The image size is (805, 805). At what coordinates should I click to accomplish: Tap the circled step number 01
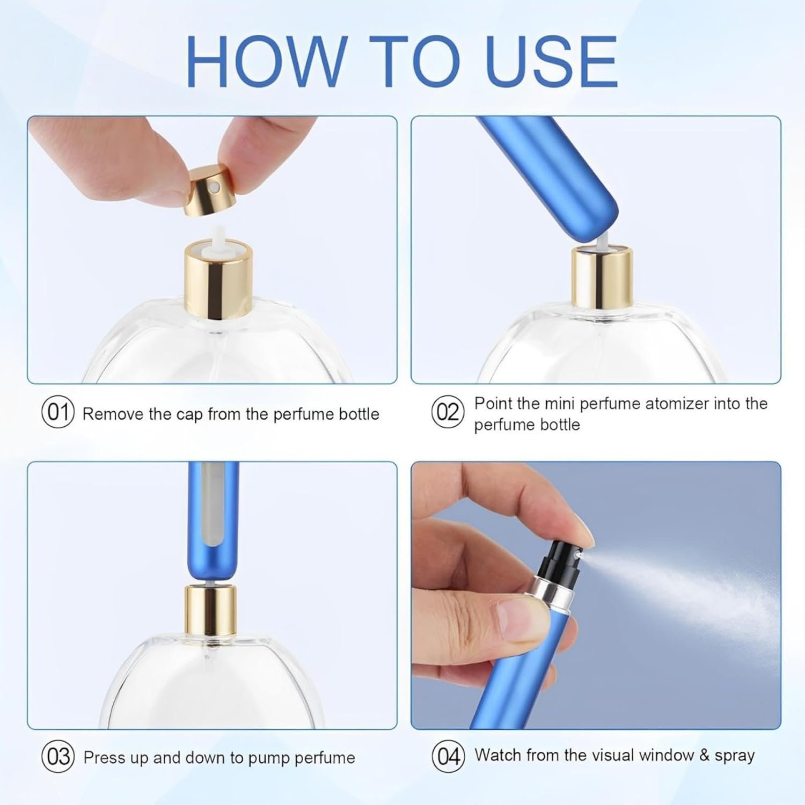[57, 413]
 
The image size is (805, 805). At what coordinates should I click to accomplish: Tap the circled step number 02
[448, 412]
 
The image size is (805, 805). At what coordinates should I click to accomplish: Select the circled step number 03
[57, 757]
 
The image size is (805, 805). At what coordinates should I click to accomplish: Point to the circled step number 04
[448, 756]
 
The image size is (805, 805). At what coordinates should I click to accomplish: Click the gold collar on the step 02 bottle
[602, 277]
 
